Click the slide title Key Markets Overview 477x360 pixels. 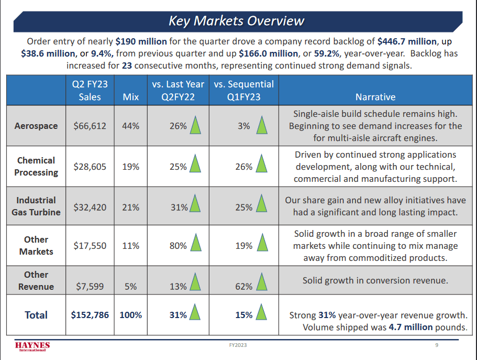point(236,20)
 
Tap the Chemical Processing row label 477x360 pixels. point(36,166)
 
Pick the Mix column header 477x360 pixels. point(130,97)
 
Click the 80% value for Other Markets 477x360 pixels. point(178,245)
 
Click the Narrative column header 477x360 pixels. point(375,97)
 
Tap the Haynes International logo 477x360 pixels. point(32,347)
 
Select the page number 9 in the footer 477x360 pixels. point(437,345)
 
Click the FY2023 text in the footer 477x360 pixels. point(238,345)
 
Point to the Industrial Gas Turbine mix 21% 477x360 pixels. point(130,207)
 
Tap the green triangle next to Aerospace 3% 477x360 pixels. point(261,126)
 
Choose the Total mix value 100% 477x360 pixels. point(130,315)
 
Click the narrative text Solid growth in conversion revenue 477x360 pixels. point(375,280)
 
